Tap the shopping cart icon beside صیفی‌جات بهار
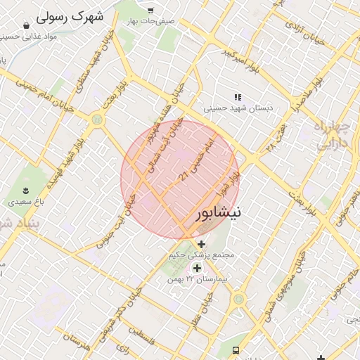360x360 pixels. (x=150, y=10)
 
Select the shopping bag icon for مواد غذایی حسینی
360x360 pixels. (x=27, y=25)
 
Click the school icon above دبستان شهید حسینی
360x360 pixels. (x=238, y=97)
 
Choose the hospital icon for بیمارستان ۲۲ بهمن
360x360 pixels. (x=197, y=268)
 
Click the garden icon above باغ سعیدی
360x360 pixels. (x=25, y=190)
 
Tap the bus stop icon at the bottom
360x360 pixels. (x=237, y=349)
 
